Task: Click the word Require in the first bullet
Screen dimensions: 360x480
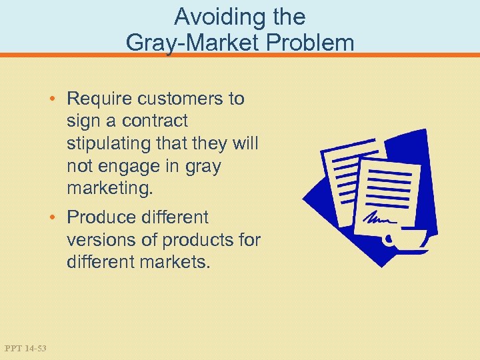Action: (x=99, y=99)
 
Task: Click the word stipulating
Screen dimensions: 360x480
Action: (x=109, y=144)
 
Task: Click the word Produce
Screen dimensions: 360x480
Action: (x=100, y=217)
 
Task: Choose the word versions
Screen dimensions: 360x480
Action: (x=100, y=240)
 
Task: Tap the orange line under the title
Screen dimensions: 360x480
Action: (x=240, y=55)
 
